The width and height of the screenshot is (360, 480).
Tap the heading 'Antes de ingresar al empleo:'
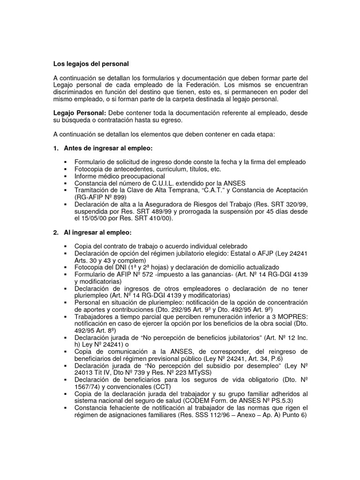(108, 149)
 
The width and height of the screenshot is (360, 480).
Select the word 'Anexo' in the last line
(240, 414)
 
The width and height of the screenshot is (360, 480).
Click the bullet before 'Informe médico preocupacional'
(65, 176)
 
